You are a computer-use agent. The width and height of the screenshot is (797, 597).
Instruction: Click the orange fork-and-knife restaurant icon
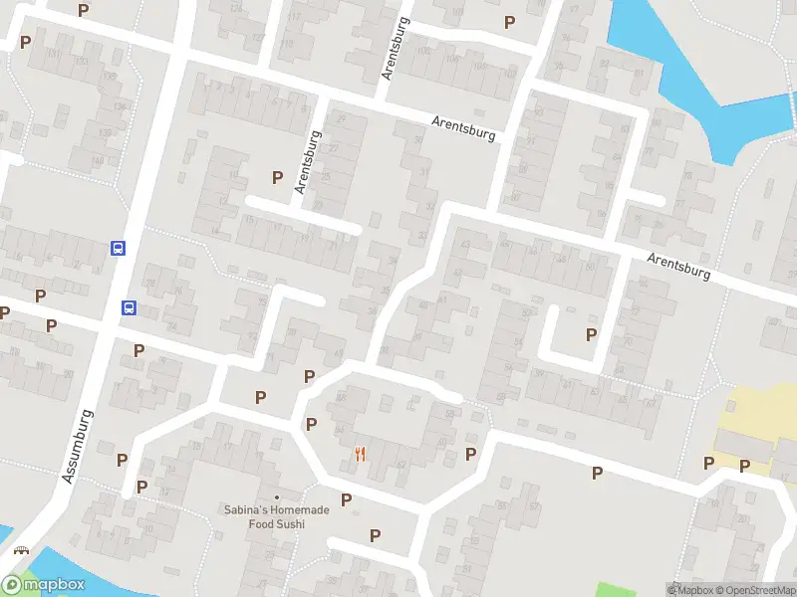point(361,455)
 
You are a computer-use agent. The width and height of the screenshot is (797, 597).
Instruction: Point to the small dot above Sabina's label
point(277,497)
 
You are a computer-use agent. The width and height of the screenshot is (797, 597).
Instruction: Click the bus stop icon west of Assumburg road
point(118,248)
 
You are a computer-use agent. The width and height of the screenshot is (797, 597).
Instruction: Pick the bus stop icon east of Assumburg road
point(130,307)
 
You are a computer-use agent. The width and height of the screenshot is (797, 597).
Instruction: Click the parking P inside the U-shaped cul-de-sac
point(591,335)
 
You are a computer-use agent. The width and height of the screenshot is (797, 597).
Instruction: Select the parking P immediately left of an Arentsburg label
point(277,177)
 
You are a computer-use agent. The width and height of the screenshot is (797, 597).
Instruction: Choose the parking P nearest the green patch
point(597,474)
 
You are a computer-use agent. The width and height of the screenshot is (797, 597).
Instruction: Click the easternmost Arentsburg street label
point(678,265)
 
